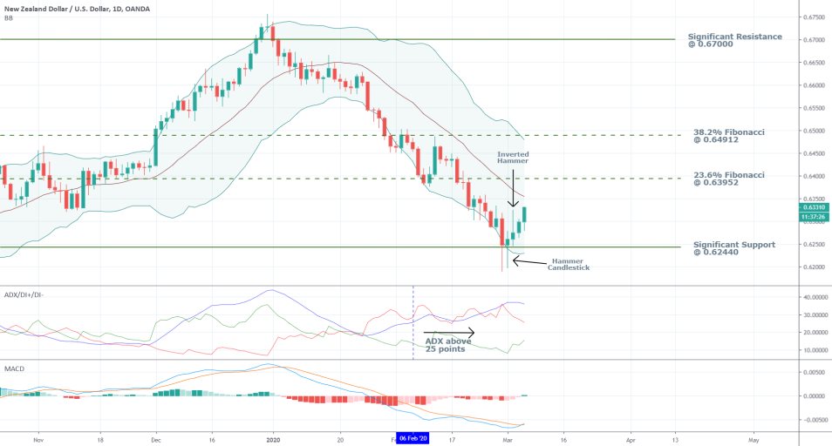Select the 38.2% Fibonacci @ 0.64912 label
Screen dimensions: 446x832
[729, 137]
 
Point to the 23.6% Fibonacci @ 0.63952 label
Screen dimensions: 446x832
[729, 179]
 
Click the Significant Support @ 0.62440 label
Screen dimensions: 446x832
[734, 249]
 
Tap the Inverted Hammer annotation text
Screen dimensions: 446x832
[513, 158]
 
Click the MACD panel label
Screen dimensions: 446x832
[13, 368]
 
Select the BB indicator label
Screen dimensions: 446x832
[8, 17]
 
